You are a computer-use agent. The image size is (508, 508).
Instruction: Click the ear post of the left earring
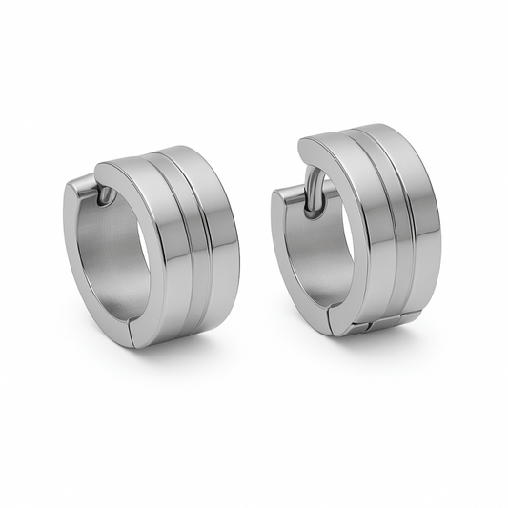[99, 195]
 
